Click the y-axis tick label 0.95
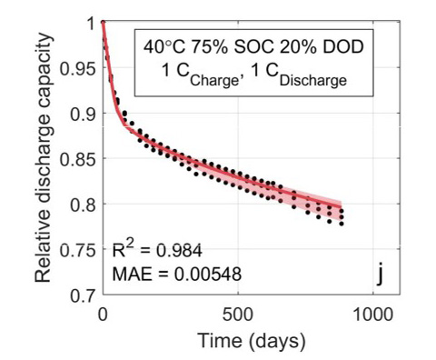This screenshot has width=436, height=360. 80,68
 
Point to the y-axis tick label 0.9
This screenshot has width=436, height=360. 84,114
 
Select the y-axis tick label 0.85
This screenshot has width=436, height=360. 80,159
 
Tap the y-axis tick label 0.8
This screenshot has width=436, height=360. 84,205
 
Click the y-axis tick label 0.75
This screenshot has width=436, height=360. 80,250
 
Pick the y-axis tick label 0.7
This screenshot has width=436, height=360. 84,295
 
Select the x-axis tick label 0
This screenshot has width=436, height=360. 103,314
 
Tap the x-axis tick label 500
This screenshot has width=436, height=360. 237,314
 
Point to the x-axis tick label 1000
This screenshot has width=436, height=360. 372,314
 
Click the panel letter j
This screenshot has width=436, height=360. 380,273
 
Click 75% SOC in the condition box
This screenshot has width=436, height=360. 233,46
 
